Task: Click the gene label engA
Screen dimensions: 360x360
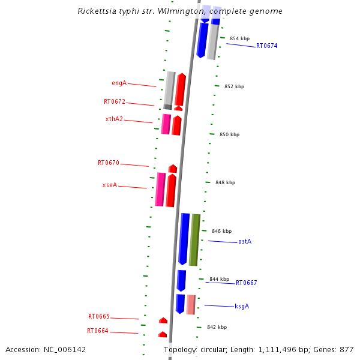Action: [x=119, y=83]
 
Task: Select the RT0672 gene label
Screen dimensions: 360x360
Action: [x=115, y=101]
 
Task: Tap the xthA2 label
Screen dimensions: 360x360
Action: [x=114, y=119]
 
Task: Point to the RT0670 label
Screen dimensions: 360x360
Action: [x=109, y=163]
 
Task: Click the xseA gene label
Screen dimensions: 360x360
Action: [x=110, y=185]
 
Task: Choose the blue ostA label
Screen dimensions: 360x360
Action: [x=245, y=241]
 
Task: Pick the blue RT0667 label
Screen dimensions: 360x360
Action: [x=246, y=283]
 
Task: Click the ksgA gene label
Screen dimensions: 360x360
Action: [x=242, y=306]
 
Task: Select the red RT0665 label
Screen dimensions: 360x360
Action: [x=99, y=316]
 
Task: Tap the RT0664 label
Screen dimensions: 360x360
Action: [x=98, y=331]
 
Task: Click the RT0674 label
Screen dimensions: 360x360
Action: [x=266, y=46]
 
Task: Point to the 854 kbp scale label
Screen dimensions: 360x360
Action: [x=239, y=38]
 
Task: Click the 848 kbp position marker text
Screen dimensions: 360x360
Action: [x=225, y=182]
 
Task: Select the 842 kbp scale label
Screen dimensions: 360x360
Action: [x=217, y=327]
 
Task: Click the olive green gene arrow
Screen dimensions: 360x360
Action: [x=194, y=239]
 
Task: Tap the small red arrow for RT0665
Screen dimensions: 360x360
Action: [x=163, y=320]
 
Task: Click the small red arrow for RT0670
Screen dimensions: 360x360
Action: [x=173, y=169]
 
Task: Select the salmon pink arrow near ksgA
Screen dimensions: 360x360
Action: [x=191, y=304]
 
